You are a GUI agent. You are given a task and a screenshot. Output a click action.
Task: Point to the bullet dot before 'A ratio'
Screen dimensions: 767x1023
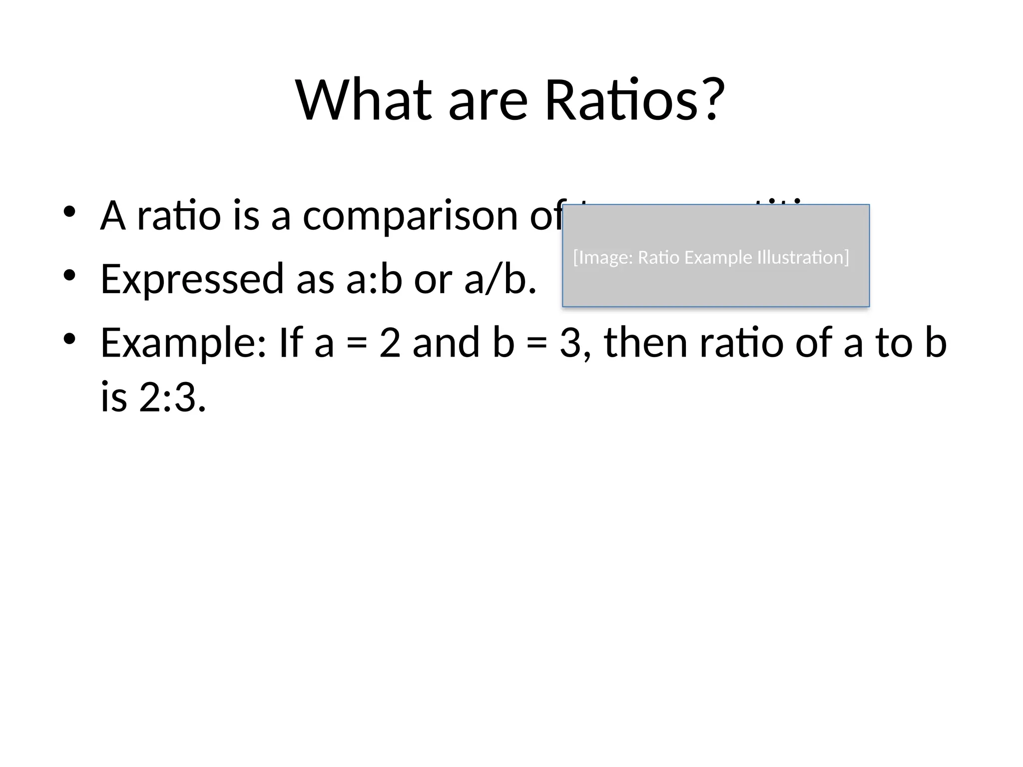pyautogui.click(x=69, y=212)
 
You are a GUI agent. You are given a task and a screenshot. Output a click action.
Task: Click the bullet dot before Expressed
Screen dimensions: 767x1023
pyautogui.click(x=69, y=275)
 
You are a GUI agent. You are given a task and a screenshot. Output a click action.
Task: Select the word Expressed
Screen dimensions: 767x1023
pyautogui.click(x=192, y=279)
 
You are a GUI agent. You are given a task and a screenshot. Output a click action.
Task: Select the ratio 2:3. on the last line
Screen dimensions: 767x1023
pyautogui.click(x=172, y=398)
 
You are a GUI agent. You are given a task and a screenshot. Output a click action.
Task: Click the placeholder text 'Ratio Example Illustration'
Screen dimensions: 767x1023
pyautogui.click(x=743, y=258)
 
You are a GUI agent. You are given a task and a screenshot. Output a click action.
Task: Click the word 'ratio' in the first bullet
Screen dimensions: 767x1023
pyautogui.click(x=179, y=216)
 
